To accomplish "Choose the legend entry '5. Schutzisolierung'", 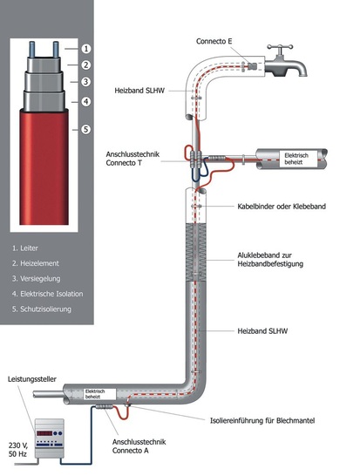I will (x=44, y=309).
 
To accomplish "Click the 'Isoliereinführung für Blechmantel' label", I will (x=278, y=418).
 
